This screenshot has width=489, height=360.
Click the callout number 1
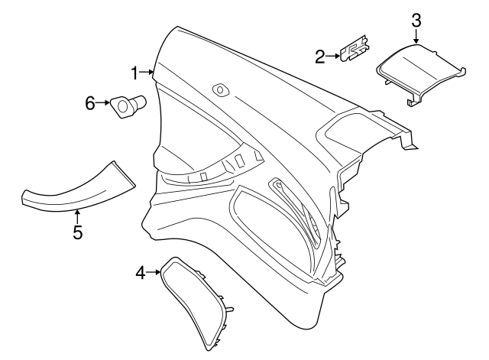click(134, 73)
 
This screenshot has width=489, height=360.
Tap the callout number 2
click(319, 55)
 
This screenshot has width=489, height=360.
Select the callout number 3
click(416, 19)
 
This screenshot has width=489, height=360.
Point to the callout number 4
click(141, 271)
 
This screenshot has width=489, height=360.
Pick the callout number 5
click(77, 232)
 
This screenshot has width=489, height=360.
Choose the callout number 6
click(90, 102)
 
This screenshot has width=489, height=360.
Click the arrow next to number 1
click(147, 73)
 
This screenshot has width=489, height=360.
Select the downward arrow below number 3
click(416, 37)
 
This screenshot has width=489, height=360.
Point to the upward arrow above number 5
click(77, 216)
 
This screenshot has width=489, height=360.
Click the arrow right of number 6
click(104, 102)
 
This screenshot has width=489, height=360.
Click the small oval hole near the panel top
click(222, 89)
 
